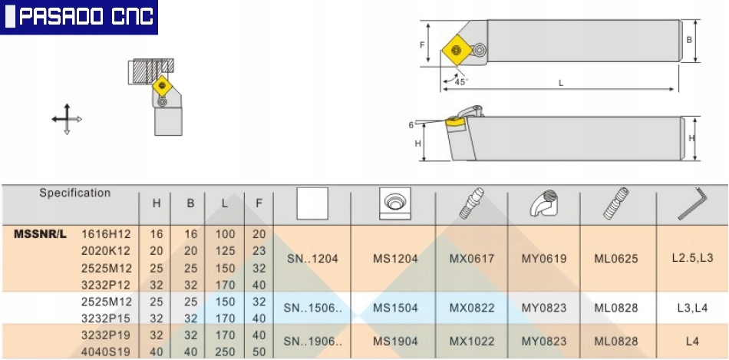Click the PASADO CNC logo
coord(78,17)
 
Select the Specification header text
coord(75,193)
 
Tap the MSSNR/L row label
coord(40,234)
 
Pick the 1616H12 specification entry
coord(107,234)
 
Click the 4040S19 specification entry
coord(107,351)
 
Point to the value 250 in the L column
coord(225,351)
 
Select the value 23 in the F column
coord(259,251)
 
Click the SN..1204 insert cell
coord(312,259)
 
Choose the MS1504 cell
coord(395,308)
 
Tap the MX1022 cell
coord(471,342)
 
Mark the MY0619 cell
coord(544,259)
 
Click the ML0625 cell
coord(616,259)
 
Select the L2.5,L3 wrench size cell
coord(692,258)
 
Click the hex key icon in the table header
coord(692,203)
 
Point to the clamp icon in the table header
coord(544,203)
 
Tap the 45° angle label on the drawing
coord(461,82)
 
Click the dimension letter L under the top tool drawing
coord(561,83)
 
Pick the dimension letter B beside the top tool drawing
coord(690,40)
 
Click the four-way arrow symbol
coord(67,119)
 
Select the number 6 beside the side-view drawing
coord(411,125)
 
